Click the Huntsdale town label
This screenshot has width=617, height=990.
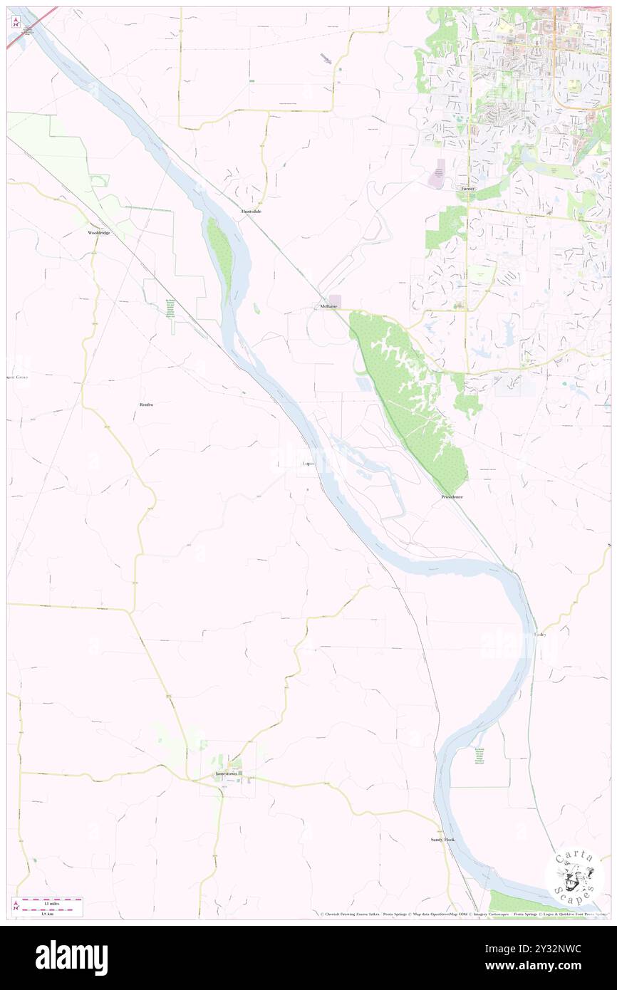(x=251, y=212)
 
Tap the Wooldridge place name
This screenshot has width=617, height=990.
(x=99, y=233)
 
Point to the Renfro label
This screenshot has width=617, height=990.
(x=147, y=404)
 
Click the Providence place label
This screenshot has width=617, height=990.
(x=452, y=496)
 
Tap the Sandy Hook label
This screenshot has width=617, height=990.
(x=442, y=840)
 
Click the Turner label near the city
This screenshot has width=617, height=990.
(x=467, y=189)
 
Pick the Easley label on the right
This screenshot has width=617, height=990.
(x=539, y=634)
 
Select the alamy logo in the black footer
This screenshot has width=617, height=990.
(x=71, y=957)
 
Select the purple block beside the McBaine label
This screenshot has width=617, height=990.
(x=334, y=302)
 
